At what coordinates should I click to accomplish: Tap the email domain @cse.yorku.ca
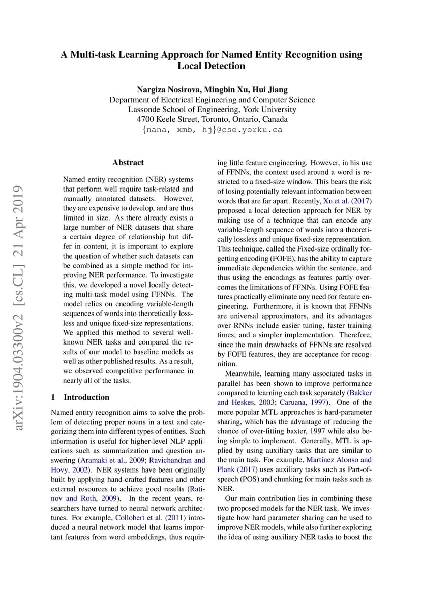pyautogui.click(x=250, y=130)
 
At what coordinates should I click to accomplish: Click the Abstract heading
pyautogui.click(x=128, y=163)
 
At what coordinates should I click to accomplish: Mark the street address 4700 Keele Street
pyautogui.click(x=169, y=120)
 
